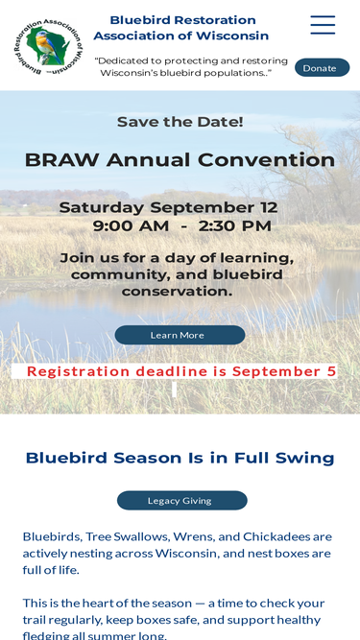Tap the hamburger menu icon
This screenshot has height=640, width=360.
coord(323,25)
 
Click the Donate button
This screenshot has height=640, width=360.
coord(322,68)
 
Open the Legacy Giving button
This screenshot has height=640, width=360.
coord(182,501)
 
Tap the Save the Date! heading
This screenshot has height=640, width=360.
coord(180,122)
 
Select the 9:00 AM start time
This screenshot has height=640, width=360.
coord(131,225)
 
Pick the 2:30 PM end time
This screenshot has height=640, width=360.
coord(235,225)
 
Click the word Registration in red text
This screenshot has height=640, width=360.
coord(79,372)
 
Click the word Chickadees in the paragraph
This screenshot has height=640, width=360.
coord(276,536)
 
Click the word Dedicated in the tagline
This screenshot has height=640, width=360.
coord(121,60)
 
